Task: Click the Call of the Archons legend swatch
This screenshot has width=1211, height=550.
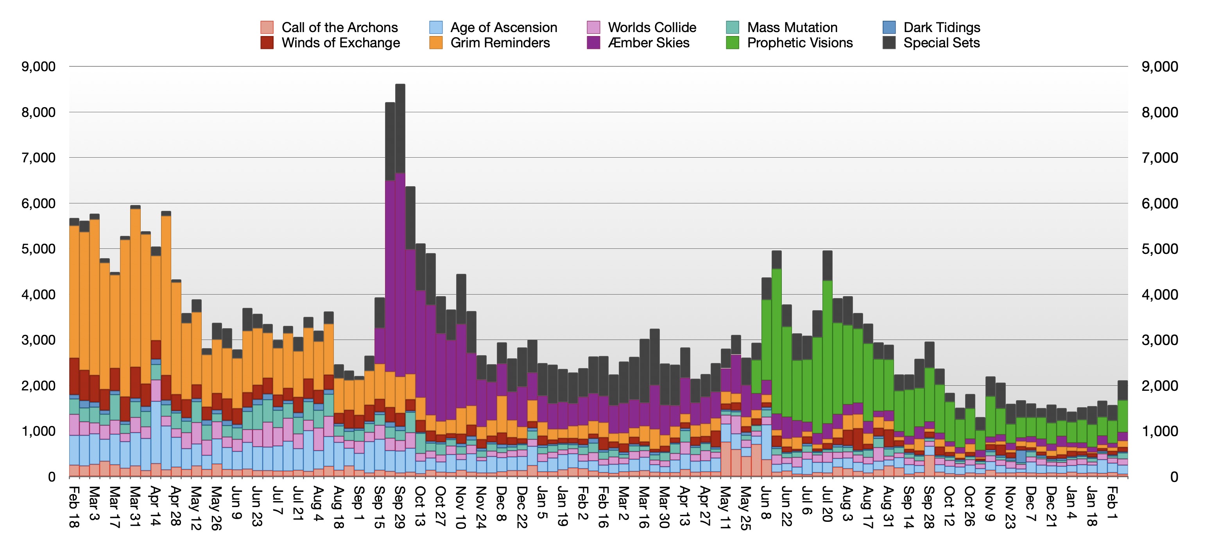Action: [267, 27]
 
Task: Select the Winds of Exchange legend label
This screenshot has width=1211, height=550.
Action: [340, 43]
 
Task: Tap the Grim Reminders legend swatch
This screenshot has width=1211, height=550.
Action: [436, 43]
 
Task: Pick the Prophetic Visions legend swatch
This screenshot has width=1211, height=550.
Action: [732, 43]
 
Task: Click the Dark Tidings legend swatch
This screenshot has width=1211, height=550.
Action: [889, 27]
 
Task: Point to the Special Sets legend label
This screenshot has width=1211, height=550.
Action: [941, 43]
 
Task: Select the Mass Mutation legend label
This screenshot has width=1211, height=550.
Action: [792, 27]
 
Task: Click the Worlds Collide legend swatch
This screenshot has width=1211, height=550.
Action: [593, 27]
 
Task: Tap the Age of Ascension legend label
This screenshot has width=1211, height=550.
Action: [503, 27]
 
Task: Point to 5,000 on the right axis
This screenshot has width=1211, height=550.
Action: [1160, 249]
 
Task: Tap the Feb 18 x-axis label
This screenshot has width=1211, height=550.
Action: [74, 508]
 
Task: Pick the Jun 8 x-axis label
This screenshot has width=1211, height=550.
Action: [766, 503]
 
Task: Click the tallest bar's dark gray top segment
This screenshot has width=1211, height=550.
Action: [400, 128]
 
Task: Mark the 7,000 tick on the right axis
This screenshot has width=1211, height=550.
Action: [1160, 158]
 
